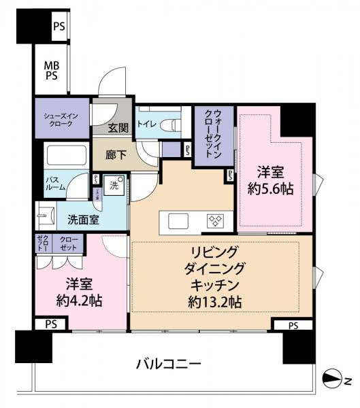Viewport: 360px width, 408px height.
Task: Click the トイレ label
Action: click(x=146, y=124)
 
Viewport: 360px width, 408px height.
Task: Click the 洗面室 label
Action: click(x=82, y=220)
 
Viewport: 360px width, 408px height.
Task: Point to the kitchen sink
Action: click(x=178, y=220)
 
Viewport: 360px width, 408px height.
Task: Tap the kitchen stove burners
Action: click(x=217, y=220)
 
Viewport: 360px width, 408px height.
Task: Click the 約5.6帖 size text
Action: click(x=271, y=190)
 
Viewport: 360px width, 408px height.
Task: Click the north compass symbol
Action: click(x=333, y=379)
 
